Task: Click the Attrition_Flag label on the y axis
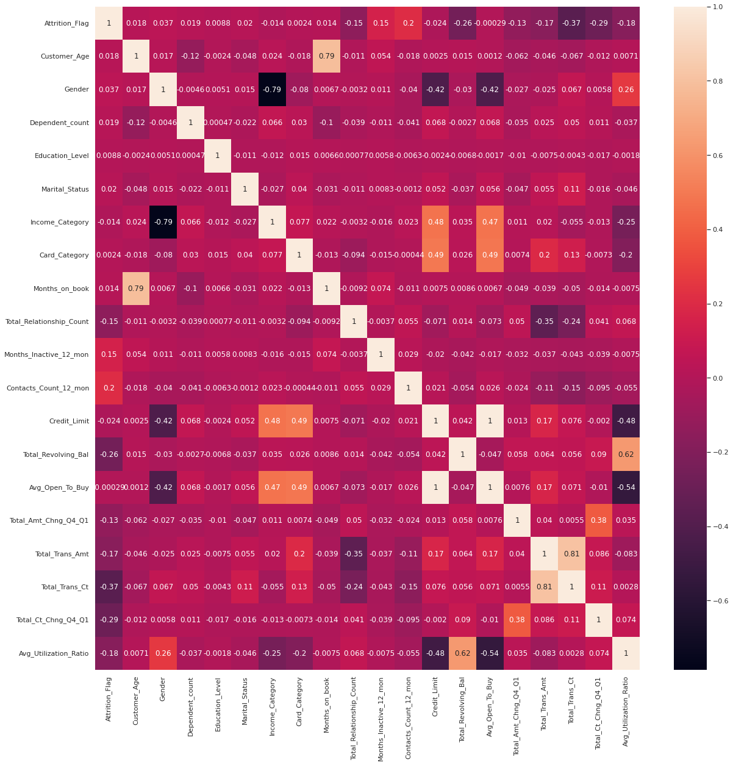(66, 24)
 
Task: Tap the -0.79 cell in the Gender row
(272, 90)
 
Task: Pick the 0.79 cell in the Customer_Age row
(327, 57)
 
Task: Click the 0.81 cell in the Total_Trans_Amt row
(571, 554)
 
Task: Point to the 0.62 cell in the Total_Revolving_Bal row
(626, 454)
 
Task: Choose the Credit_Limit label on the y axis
(68, 422)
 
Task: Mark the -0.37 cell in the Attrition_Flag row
(571, 24)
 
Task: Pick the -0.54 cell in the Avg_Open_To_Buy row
(626, 487)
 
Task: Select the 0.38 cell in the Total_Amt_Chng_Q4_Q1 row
(599, 521)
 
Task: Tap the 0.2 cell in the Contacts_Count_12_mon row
(109, 388)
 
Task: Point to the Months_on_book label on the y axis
(61, 289)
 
